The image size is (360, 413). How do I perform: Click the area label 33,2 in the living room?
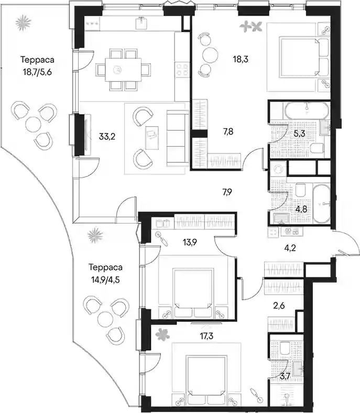coord(107,137)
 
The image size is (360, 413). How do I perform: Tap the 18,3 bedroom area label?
coord(241,59)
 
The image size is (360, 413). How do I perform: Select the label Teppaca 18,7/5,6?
coord(37,65)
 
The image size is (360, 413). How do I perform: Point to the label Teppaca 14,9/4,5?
coord(105,273)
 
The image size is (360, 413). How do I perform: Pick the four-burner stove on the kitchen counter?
coord(182,69)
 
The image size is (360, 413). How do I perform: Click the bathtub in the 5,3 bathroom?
coord(307,110)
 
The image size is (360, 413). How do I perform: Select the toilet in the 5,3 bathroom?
coord(317,148)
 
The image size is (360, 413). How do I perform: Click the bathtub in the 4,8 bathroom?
coord(322,204)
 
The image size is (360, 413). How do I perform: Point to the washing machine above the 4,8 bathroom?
coord(278,169)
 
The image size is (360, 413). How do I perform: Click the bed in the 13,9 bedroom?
coord(193,293)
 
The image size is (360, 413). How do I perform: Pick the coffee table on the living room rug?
coord(152,138)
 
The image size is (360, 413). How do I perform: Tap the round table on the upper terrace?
coord(33,125)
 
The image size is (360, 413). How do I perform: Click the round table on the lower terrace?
coord(105,319)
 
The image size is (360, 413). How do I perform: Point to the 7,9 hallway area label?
coord(227,192)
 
